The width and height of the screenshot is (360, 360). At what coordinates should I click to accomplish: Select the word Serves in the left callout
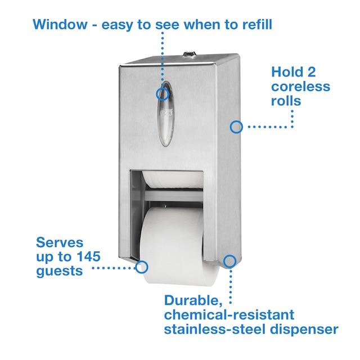pos(60,243)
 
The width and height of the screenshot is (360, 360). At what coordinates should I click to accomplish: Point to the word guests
pos(60,271)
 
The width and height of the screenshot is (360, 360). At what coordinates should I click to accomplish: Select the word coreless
pos(301,87)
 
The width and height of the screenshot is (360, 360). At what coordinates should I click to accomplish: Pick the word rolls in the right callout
pos(286,101)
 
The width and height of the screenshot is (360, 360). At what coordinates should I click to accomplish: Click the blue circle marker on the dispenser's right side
pos(236,127)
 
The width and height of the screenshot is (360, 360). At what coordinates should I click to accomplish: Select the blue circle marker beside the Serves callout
pos(142,267)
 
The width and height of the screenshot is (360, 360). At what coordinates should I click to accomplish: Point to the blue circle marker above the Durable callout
pos(229,260)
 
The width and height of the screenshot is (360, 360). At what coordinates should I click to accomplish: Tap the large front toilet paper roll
pos(175,242)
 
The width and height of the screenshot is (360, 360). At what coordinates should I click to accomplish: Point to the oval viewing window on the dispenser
pos(164,112)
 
